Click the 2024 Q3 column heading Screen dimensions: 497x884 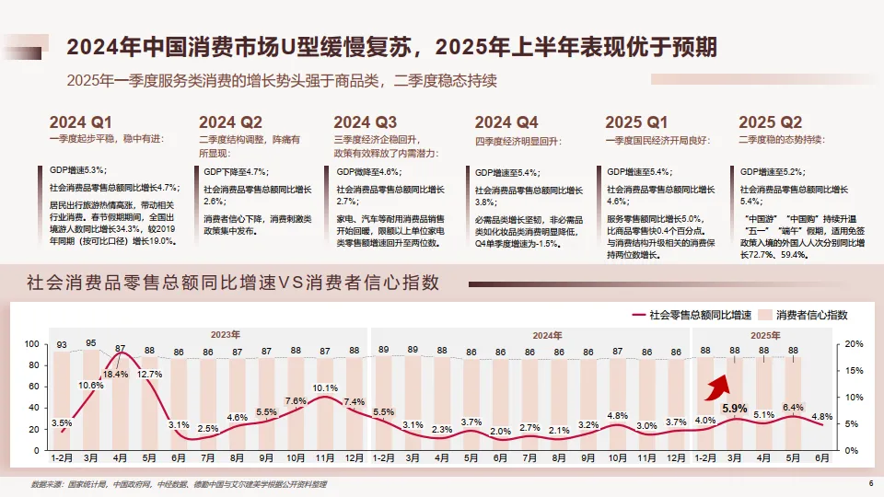[x=366, y=122]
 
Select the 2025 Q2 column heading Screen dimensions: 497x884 [x=771, y=122]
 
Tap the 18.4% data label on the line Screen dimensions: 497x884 [x=115, y=375]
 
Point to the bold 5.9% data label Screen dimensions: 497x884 [x=734, y=408]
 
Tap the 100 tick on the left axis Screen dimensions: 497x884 [x=32, y=343]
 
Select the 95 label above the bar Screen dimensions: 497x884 [x=91, y=343]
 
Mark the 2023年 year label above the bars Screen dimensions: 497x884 [x=226, y=334]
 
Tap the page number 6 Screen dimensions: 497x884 [x=871, y=484]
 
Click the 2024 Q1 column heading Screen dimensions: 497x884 [x=80, y=122]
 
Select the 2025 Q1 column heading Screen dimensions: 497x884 [x=637, y=122]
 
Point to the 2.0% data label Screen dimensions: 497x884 [x=501, y=431]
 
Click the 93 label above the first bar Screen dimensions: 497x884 [x=62, y=346]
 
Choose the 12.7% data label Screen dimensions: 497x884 [x=149, y=375]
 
